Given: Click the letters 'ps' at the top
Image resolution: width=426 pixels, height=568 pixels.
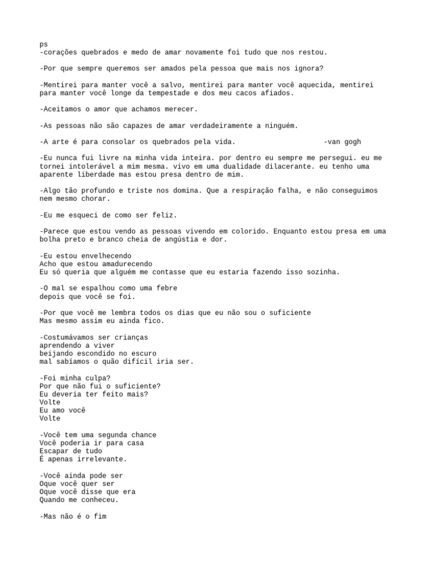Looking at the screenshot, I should [x=44, y=44].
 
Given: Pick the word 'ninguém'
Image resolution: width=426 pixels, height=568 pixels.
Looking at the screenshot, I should [x=281, y=126].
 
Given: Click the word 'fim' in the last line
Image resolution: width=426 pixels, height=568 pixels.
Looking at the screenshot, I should [x=100, y=516].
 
